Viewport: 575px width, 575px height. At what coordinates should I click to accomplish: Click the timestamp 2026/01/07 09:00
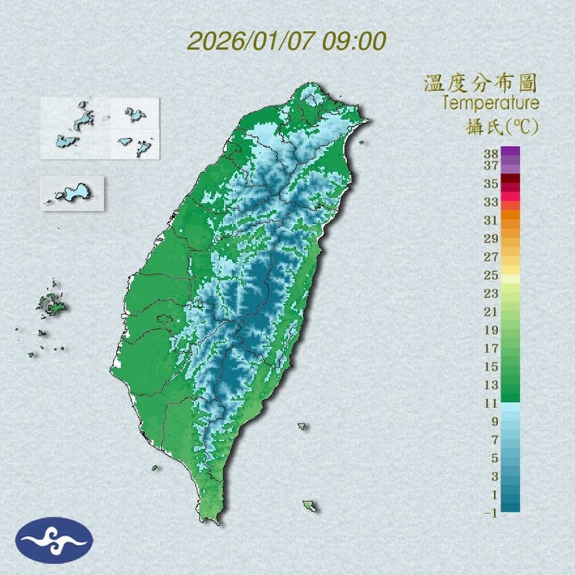tap(287, 41)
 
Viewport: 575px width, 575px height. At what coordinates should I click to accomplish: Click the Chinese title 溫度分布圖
tap(480, 84)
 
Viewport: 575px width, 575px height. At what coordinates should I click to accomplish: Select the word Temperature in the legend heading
tap(490, 103)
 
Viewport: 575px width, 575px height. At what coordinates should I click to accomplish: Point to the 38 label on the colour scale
tap(491, 154)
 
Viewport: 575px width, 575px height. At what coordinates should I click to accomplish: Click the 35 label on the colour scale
tap(491, 184)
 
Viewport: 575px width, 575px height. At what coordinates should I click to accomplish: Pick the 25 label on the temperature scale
tap(491, 275)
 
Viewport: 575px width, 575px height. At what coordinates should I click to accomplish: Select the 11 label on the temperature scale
tap(491, 403)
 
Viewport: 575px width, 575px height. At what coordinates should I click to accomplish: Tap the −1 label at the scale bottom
tap(491, 514)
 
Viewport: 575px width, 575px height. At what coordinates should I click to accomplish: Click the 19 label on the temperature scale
tap(491, 330)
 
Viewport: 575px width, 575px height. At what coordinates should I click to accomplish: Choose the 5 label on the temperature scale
tap(495, 458)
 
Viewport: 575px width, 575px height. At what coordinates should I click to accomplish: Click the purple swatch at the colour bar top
tap(511, 151)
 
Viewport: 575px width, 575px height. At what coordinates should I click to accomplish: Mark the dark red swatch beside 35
tap(511, 178)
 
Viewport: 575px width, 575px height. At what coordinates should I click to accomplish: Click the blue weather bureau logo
tap(54, 540)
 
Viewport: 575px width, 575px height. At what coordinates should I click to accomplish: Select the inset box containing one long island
tap(72, 193)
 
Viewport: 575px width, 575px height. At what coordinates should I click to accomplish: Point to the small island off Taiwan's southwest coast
tap(155, 467)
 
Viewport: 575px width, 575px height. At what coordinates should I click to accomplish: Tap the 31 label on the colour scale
tap(491, 220)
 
